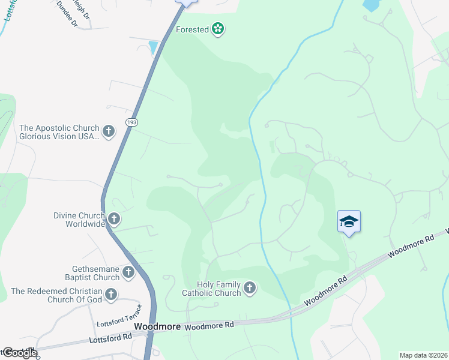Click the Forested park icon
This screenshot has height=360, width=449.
[218, 29]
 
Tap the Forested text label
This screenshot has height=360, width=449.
[192, 29]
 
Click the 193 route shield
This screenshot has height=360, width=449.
[131, 122]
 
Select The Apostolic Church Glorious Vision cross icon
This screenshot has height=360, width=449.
[109, 132]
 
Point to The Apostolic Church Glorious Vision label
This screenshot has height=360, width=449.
[58, 132]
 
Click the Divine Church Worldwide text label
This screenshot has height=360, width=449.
[79, 219]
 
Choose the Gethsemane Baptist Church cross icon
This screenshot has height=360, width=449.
[128, 273]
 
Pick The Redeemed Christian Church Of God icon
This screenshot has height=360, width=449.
[110, 295]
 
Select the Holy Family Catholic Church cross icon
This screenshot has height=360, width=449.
[250, 289]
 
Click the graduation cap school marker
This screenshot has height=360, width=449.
[349, 222]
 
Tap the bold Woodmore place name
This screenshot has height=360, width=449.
[157, 326]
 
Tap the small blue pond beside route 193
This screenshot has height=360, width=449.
[154, 47]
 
